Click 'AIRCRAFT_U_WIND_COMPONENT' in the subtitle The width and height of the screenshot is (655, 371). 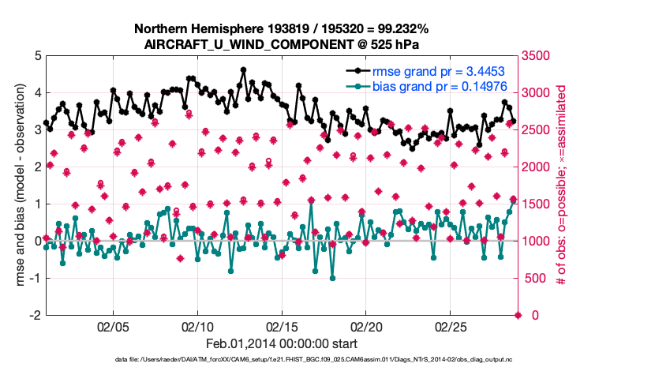pyautogui.click(x=237, y=44)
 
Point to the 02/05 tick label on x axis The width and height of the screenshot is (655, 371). pyautogui.click(x=112, y=327)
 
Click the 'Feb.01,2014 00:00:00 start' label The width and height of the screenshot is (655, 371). pyautogui.click(x=281, y=343)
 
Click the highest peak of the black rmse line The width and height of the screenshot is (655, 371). pyautogui.click(x=243, y=69)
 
